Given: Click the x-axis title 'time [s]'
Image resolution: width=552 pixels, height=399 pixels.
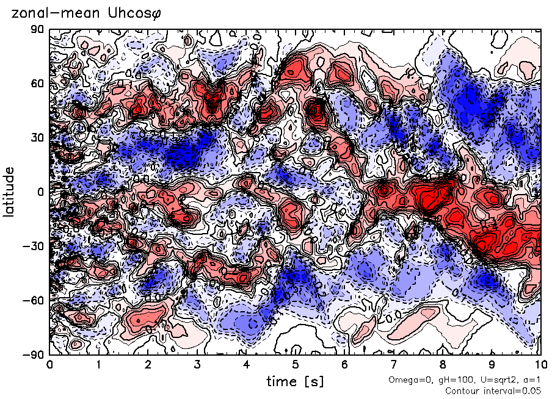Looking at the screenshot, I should [x=295, y=381].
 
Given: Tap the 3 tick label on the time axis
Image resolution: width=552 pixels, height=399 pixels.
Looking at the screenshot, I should [x=197, y=365].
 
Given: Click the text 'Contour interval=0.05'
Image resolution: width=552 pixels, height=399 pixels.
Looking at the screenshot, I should [x=493, y=390].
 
